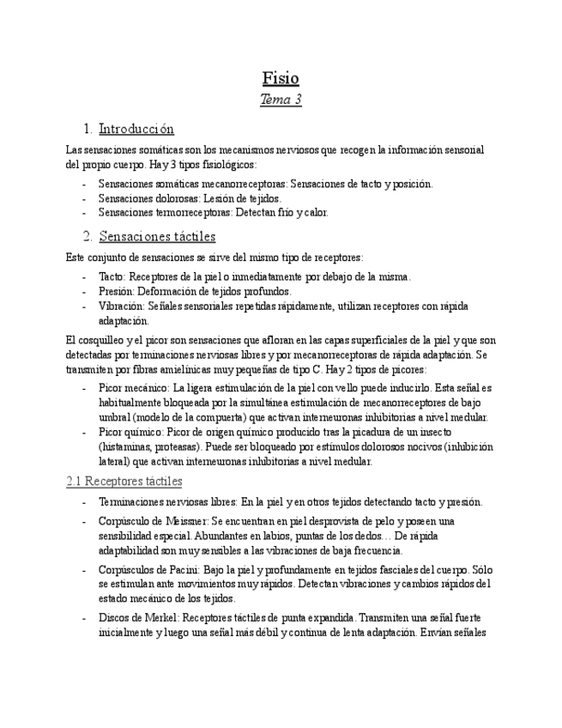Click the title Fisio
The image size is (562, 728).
click(x=281, y=78)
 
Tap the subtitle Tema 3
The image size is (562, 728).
click(x=281, y=100)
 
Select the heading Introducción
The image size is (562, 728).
click(x=136, y=130)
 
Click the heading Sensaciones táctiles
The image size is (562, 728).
click(x=157, y=236)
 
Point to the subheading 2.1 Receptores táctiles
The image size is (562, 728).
click(x=124, y=482)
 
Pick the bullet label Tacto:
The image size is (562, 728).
click(x=112, y=276)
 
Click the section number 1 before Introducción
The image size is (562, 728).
click(x=88, y=130)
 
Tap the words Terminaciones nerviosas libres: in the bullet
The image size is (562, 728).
click(x=167, y=502)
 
